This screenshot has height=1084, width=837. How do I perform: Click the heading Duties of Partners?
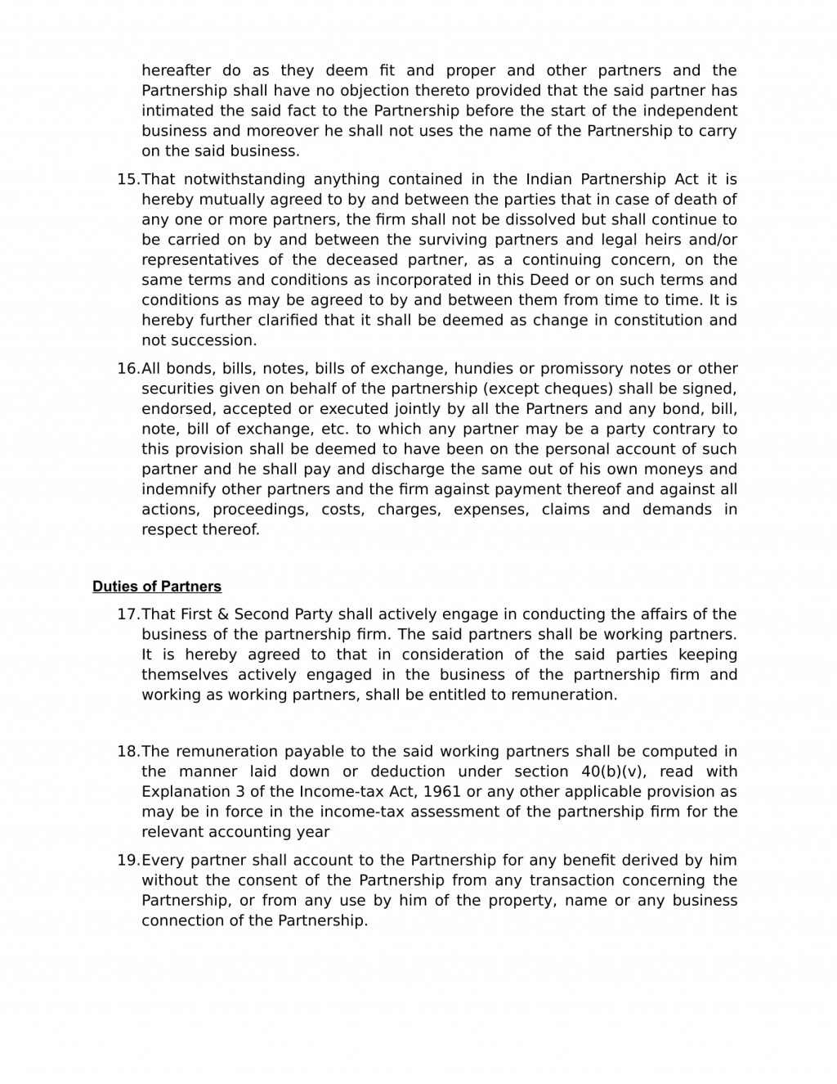[156, 587]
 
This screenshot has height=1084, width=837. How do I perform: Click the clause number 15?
[128, 179]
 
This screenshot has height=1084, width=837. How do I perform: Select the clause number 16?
[128, 368]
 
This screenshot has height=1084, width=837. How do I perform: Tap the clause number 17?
[128, 614]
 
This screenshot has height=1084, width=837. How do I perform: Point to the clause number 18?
[128, 752]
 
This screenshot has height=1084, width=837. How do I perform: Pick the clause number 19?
[128, 861]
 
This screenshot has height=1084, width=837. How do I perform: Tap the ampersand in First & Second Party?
[221, 614]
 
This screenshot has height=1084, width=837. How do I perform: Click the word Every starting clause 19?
[161, 861]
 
